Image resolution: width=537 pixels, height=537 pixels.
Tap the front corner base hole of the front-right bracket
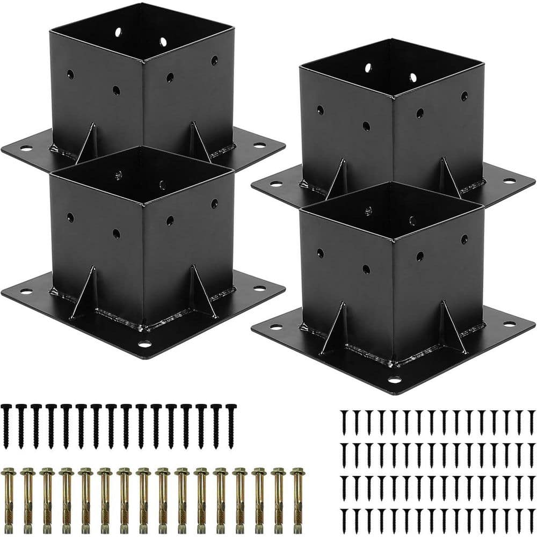(395, 380)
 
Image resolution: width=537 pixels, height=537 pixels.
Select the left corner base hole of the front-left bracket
(25, 292)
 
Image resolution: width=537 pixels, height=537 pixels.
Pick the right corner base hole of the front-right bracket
(510, 324)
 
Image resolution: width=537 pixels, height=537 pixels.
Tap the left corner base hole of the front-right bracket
(275, 326)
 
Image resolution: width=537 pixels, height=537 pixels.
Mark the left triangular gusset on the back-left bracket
(87, 144)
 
